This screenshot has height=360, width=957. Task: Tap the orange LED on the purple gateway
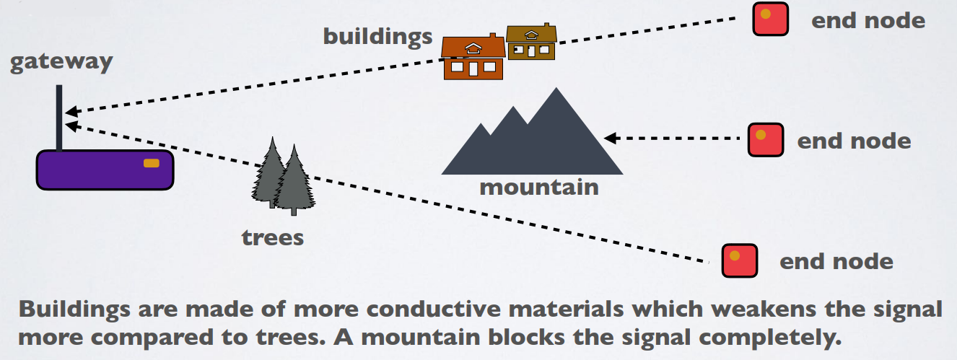pos(152,163)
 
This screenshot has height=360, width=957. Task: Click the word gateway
pos(61,61)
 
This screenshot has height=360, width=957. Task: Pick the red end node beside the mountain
pos(766,140)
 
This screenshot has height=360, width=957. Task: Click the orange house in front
pos(473,58)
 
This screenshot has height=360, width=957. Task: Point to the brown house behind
pos(531,43)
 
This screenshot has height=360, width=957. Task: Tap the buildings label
pos(377,36)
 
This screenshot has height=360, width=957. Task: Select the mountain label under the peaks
pos(538,188)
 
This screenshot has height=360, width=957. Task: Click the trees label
pos(273,237)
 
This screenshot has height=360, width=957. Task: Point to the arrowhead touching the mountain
pos(610,138)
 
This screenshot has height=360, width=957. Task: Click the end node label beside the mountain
pos(854,140)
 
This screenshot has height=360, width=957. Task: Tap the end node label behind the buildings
pos(868,19)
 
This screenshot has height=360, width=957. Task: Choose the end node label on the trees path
pos(836,261)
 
